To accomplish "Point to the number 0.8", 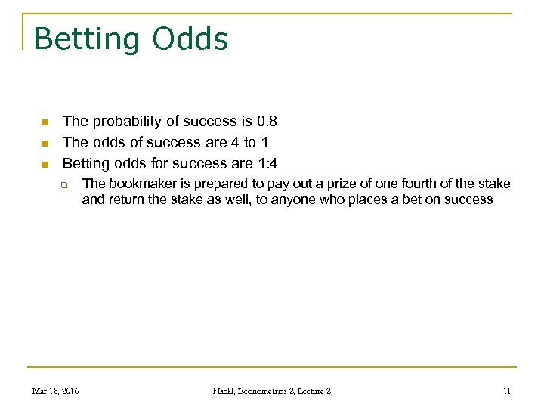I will [267, 121].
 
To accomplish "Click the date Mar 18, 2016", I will [55, 391].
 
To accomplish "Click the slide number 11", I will [506, 391].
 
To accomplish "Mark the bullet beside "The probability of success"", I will [45, 122].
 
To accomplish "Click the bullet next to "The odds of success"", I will [45, 143].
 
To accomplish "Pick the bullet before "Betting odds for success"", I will [45, 164].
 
